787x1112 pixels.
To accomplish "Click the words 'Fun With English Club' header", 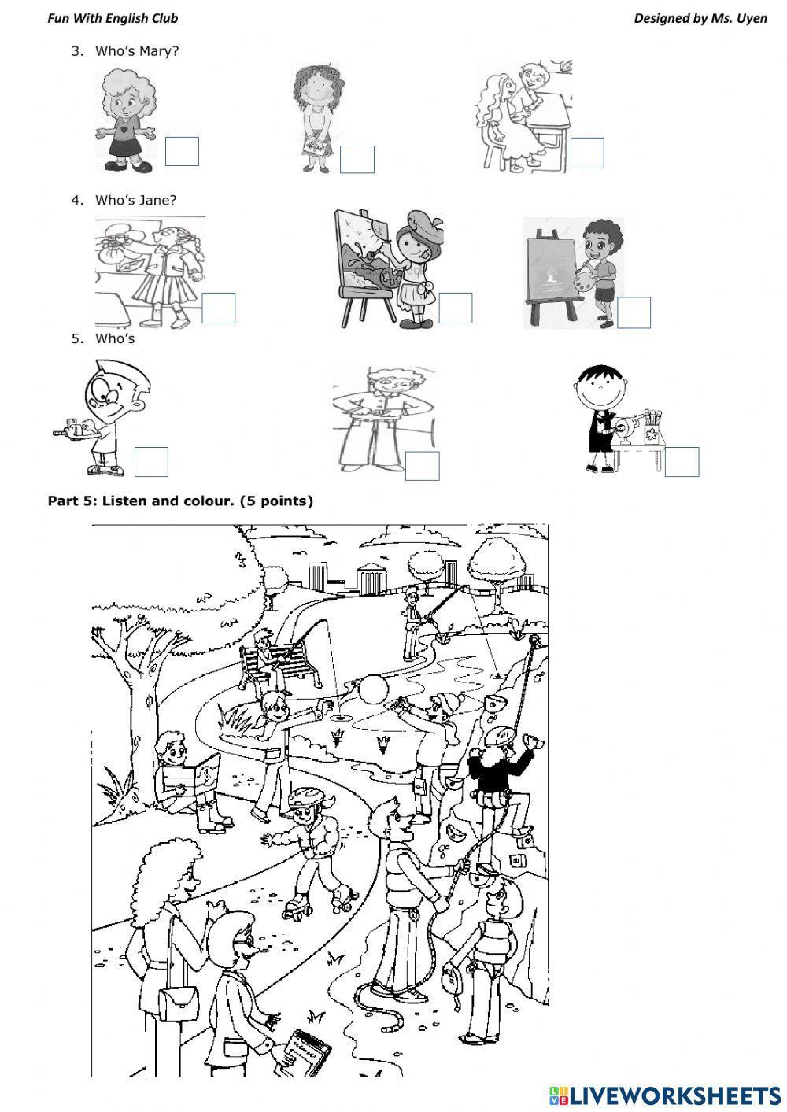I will [113, 18].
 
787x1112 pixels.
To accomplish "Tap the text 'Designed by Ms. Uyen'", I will [700, 18].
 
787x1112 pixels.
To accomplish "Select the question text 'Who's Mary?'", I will [137, 51].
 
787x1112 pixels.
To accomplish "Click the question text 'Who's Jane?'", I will [135, 200].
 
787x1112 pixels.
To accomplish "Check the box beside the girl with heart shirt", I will [182, 151].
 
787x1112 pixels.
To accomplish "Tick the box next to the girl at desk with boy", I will [586, 153].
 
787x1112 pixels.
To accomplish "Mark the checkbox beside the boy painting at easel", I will [634, 312].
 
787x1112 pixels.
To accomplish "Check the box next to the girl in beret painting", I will [455, 308].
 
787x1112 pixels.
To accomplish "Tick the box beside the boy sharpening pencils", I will [682, 462].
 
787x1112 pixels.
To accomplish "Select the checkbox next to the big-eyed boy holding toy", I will [151, 462].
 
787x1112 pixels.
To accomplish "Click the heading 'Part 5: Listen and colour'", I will [180, 501].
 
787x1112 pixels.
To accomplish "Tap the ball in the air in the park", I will [372, 689].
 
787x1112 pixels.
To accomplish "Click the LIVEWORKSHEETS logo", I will [664, 1095].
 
